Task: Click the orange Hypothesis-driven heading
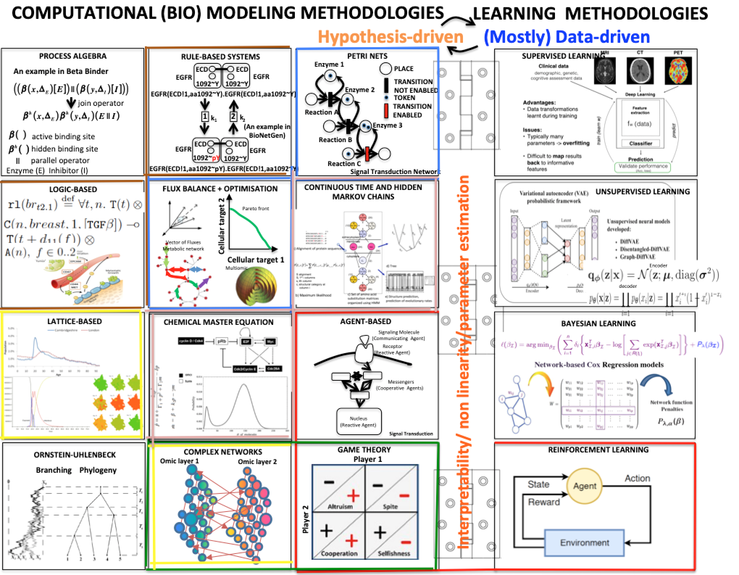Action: tap(391, 37)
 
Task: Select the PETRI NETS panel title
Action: tap(367, 56)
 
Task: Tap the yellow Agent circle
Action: tap(585, 486)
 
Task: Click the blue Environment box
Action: tap(584, 543)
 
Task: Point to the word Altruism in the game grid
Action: tap(340, 506)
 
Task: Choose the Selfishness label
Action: tap(394, 554)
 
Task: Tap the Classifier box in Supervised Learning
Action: tap(640, 144)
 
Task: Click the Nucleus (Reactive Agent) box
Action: tap(359, 422)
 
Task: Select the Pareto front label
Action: tap(256, 208)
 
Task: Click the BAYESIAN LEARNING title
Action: tap(598, 323)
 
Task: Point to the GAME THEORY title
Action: tap(364, 450)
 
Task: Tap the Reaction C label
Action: tap(344, 164)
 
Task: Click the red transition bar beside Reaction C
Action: tap(367, 154)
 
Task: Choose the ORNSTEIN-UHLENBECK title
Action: tap(75, 455)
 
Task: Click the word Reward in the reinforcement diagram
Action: tap(544, 502)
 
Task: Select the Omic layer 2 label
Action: tap(257, 462)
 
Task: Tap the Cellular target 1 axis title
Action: tap(256, 260)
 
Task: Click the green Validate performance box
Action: tap(643, 167)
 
